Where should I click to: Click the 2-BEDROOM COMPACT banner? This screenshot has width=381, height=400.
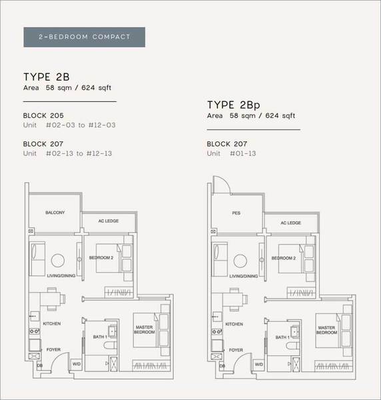[85, 37]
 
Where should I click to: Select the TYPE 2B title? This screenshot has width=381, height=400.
[47, 77]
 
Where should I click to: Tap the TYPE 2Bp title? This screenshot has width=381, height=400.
[233, 105]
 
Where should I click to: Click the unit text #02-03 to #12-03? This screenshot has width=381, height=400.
[81, 125]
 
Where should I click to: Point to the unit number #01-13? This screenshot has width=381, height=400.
[243, 153]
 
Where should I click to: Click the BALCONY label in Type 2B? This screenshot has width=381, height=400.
[55, 213]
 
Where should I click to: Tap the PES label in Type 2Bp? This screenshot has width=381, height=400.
[236, 213]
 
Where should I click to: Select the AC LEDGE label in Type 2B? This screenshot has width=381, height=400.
[109, 221]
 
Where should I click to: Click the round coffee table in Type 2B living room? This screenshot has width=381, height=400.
[58, 261]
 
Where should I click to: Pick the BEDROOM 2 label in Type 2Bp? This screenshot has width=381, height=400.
[284, 258]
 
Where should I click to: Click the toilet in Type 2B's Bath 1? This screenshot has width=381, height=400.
[110, 345]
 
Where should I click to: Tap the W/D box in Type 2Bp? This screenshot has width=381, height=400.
[258, 364]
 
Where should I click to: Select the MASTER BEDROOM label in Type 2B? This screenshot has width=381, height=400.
[145, 329]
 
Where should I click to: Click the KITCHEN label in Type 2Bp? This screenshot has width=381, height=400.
[234, 324]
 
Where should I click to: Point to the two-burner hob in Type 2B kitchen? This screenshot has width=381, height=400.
[35, 331]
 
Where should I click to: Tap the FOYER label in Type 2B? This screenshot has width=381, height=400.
[53, 349]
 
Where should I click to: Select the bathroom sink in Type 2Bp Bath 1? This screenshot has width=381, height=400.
[294, 332]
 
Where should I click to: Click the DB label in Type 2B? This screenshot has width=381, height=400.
[40, 365]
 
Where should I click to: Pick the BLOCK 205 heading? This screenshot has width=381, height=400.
[43, 115]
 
